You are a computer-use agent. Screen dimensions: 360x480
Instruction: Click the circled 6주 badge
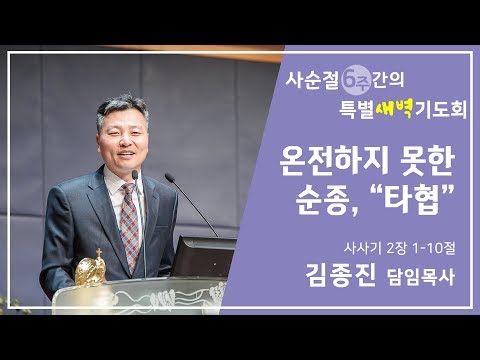353,76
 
